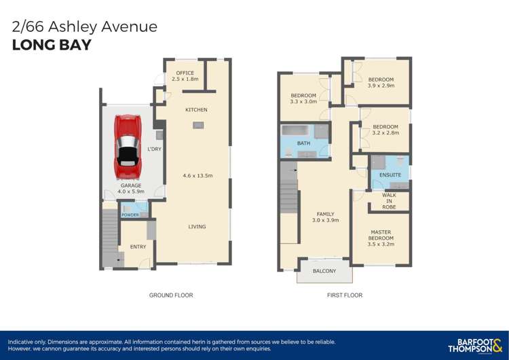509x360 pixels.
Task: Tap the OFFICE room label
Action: [x=185, y=73]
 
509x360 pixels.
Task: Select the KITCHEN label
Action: [x=196, y=109]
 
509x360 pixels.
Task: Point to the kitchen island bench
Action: [x=197, y=125]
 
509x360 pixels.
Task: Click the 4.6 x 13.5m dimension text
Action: [x=197, y=175]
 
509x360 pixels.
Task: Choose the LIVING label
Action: [x=197, y=227]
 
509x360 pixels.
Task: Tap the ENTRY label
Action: [x=138, y=247]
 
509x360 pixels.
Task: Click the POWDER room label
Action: [x=130, y=215]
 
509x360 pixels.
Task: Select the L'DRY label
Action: [x=154, y=149]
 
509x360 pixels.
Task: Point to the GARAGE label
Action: [x=131, y=185]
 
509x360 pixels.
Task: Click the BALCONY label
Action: [x=324, y=271]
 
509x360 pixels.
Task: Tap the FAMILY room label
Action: [x=325, y=214]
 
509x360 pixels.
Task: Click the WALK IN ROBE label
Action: [x=389, y=201]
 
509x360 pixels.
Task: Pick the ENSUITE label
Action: [x=390, y=175]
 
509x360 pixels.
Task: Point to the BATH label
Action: [x=303, y=143]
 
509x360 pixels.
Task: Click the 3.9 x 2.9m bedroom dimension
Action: [x=381, y=86]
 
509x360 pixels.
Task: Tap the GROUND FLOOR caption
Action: [x=171, y=295]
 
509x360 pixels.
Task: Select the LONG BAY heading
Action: [x=52, y=46]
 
